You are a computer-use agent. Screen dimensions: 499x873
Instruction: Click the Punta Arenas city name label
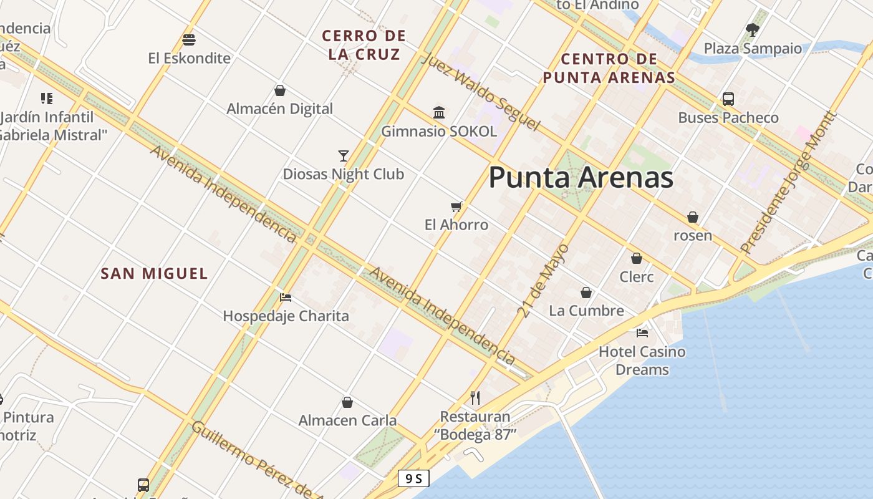tap(581, 178)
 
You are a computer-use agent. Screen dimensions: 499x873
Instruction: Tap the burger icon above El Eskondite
tap(189, 40)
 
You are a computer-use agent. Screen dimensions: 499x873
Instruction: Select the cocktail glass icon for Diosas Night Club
tap(343, 155)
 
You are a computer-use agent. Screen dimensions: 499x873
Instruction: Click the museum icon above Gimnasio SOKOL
tap(439, 113)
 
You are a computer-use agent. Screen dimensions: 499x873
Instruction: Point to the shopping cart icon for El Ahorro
tap(456, 206)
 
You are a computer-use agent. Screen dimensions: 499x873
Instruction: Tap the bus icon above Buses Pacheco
tap(728, 99)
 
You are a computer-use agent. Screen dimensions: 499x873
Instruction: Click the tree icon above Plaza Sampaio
tap(753, 29)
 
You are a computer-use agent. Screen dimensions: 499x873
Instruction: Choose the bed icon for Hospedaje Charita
tap(286, 298)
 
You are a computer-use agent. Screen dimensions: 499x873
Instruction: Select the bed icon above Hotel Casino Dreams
tap(642, 332)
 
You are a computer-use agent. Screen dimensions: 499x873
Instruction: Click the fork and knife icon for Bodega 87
tap(475, 397)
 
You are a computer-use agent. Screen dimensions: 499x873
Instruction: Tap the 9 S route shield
tap(414, 478)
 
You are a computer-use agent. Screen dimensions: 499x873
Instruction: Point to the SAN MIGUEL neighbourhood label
tap(154, 273)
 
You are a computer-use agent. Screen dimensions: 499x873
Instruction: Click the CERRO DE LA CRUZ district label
tap(364, 45)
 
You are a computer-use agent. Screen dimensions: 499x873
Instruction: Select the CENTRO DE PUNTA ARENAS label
tap(609, 68)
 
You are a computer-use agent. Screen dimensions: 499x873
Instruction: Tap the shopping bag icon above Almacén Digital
tap(280, 90)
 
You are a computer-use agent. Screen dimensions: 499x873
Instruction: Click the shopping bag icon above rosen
tap(692, 217)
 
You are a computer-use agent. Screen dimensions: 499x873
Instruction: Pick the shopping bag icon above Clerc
tap(637, 258)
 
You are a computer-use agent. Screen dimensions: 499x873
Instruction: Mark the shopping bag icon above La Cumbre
tap(586, 292)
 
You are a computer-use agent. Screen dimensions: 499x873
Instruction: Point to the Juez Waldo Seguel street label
tap(480, 92)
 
